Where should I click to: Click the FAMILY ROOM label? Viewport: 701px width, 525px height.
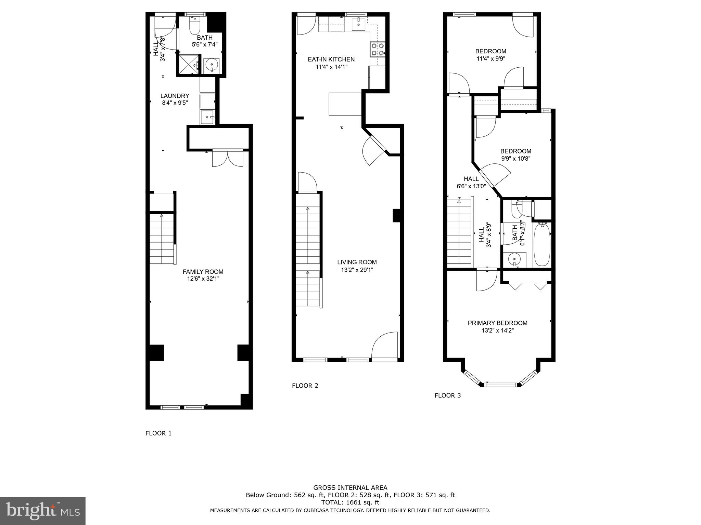pyautogui.click(x=203, y=272)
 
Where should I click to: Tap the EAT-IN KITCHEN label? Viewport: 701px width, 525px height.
pyautogui.click(x=331, y=59)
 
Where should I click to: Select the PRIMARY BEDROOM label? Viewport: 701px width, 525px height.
pyautogui.click(x=497, y=323)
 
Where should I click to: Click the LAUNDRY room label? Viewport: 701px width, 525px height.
pyautogui.click(x=175, y=96)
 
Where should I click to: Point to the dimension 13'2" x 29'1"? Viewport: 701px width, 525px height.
pyautogui.click(x=357, y=270)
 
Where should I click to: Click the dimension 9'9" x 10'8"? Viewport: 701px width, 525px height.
pyautogui.click(x=516, y=159)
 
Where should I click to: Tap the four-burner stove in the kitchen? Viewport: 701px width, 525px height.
pyautogui.click(x=378, y=49)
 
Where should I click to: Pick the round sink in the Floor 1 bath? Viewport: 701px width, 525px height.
pyautogui.click(x=212, y=65)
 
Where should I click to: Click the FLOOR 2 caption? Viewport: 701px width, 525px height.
pyautogui.click(x=305, y=386)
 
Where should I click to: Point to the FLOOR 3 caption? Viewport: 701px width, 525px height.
pyautogui.click(x=447, y=395)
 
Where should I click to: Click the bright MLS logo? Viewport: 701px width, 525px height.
pyautogui.click(x=43, y=510)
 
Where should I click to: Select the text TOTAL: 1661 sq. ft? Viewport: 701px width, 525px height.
pyautogui.click(x=350, y=502)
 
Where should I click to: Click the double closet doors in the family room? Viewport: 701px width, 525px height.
pyautogui.click(x=228, y=158)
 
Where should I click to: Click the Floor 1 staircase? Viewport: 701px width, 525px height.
pyautogui.click(x=162, y=238)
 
